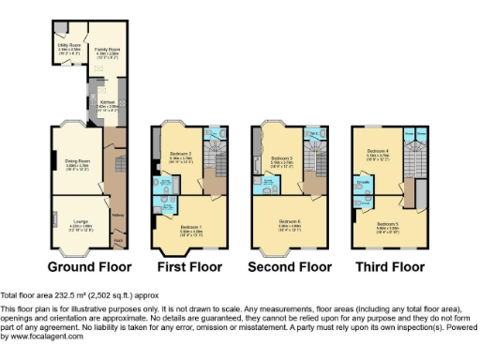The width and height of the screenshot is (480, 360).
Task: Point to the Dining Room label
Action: point(77,162)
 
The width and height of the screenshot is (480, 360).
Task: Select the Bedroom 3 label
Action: point(283,159)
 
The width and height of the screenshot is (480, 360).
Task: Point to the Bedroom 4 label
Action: point(378,151)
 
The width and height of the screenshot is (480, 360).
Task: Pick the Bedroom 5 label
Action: point(388,225)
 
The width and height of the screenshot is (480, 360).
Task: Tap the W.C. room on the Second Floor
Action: point(316,132)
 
